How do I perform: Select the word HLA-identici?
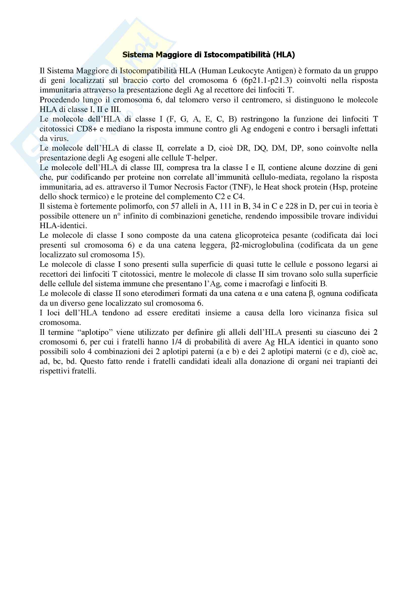[63, 226]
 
